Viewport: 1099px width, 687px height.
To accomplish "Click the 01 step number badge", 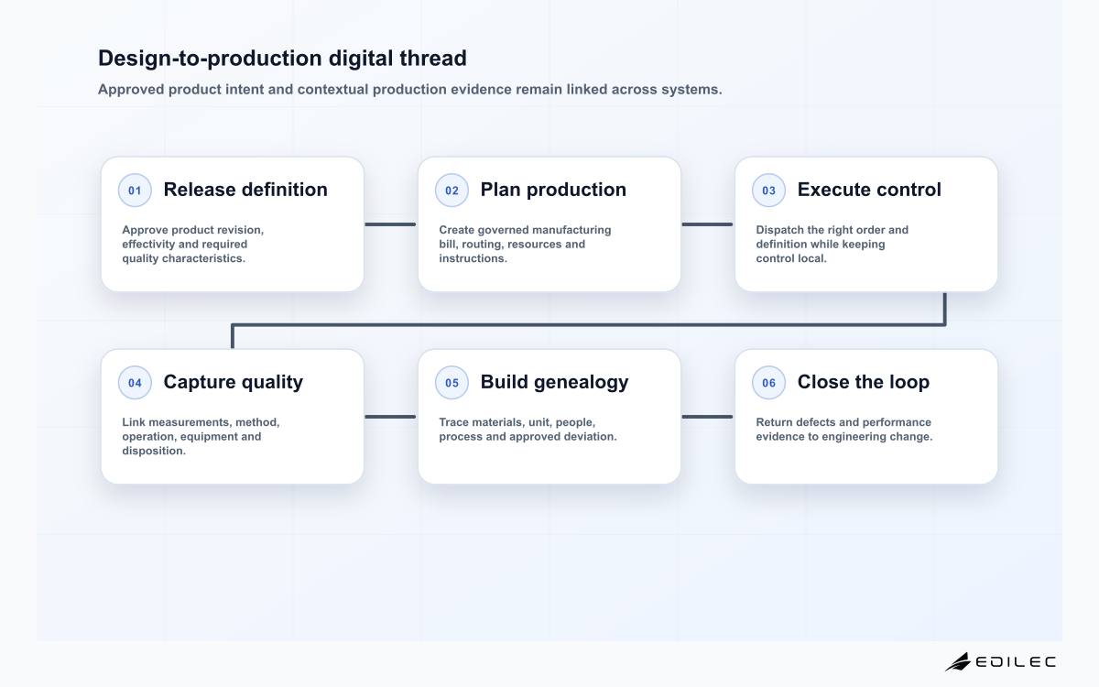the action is click(x=135, y=191).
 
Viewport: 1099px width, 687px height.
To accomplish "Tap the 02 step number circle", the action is click(x=452, y=191).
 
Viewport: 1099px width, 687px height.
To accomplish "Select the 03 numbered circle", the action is click(x=768, y=191).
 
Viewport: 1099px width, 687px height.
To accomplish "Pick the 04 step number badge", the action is click(x=135, y=383).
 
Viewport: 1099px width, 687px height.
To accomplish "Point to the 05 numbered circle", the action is click(x=452, y=383).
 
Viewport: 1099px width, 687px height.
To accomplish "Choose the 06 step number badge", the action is click(x=768, y=383).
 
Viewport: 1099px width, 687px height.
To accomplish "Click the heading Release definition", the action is click(x=245, y=190).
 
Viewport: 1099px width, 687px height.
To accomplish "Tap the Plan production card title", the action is click(x=553, y=190).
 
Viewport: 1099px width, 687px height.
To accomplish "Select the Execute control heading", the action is click(x=869, y=190).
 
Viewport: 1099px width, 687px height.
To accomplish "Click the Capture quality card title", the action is click(x=233, y=382).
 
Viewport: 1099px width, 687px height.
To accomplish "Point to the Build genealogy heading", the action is click(x=554, y=382).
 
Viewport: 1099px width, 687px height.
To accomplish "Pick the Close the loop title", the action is click(x=863, y=382).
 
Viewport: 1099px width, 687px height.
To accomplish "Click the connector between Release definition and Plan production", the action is click(x=390, y=224).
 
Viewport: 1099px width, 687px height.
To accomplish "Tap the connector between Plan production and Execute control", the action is click(x=707, y=224).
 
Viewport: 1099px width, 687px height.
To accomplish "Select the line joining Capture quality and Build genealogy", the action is click(x=390, y=417).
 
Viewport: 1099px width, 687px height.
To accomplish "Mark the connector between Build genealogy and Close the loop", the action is click(x=707, y=417).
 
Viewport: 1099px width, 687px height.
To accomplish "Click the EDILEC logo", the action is click(x=1000, y=661).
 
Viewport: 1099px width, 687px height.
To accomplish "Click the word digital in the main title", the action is click(x=360, y=59).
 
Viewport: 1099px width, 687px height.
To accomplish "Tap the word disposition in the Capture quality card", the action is click(x=154, y=451).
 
